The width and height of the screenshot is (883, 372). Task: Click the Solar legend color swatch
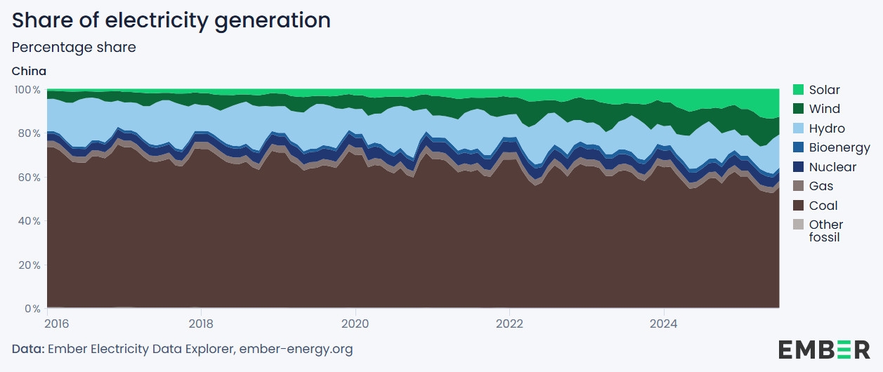click(798, 90)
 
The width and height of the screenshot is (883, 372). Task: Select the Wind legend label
click(824, 109)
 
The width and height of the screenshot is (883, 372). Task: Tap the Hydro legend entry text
click(827, 128)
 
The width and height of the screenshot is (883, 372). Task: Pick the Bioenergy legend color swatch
click(798, 147)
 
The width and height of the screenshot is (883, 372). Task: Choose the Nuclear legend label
click(832, 167)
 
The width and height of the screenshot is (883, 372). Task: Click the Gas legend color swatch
click(798, 186)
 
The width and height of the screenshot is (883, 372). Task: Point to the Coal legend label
click(823, 206)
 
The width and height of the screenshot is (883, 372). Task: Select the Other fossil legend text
click(825, 231)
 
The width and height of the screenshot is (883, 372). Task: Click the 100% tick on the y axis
click(27, 90)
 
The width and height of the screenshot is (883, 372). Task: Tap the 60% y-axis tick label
click(29, 178)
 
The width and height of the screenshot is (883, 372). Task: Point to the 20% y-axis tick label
click(29, 265)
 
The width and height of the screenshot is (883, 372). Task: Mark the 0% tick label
click(32, 309)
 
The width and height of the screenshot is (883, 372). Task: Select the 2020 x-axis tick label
click(355, 324)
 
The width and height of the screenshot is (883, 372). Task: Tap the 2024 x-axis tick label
click(664, 324)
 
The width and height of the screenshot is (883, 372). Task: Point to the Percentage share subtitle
click(74, 48)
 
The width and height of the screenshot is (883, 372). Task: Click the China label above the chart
click(29, 71)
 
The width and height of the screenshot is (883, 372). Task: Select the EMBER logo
click(823, 349)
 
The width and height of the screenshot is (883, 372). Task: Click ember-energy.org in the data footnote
click(296, 349)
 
